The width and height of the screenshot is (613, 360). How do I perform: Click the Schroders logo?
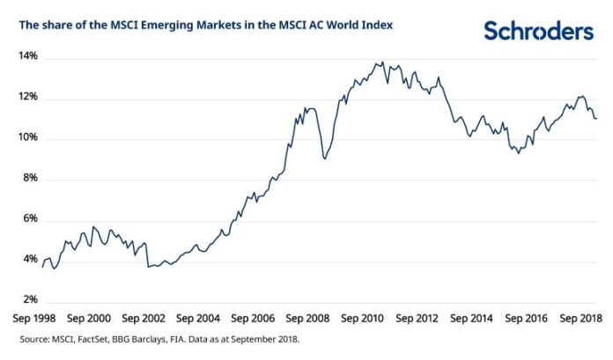coord(538,31)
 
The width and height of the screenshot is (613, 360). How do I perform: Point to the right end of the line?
coord(596,118)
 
